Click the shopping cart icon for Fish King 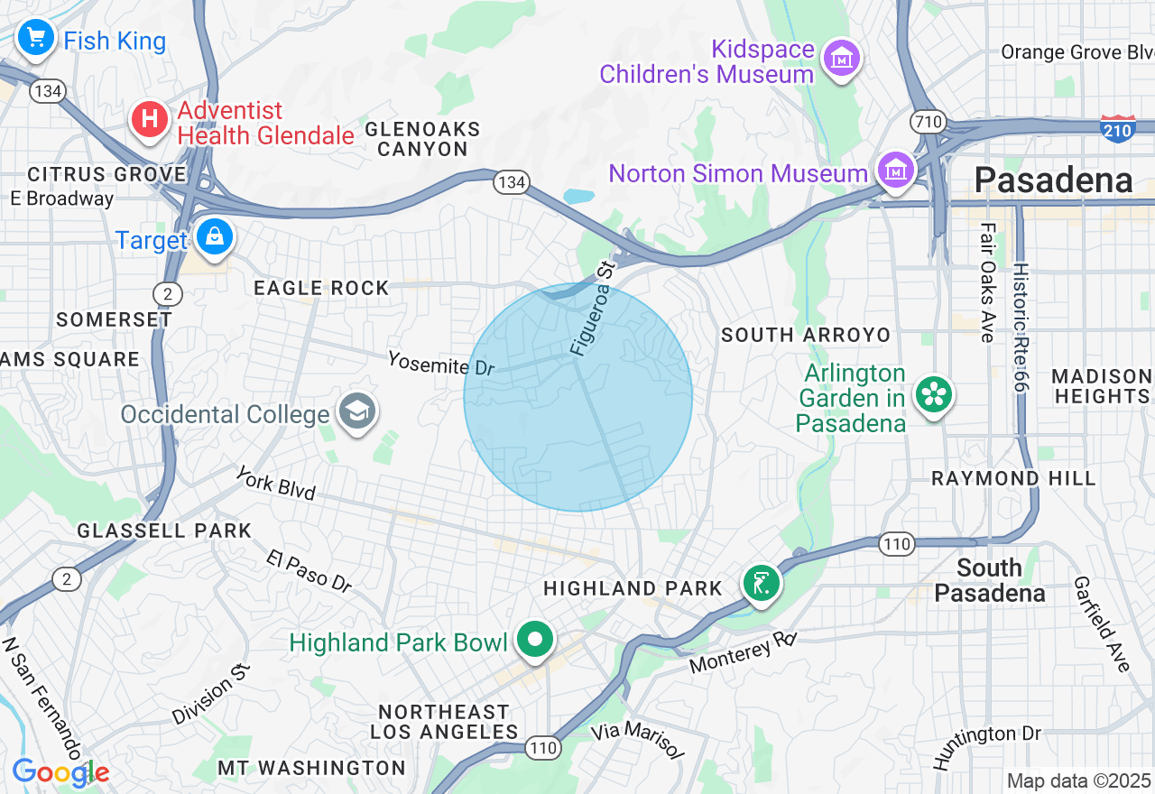(36, 38)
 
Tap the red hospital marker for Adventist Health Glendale (150, 119)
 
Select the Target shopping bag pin (214, 237)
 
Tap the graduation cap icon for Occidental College (357, 411)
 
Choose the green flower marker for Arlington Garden (934, 394)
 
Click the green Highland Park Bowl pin (536, 640)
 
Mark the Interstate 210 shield (1118, 129)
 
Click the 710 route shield (929, 121)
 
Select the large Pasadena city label (1053, 180)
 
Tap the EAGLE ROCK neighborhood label (321, 288)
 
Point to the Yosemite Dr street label (441, 363)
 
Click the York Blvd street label (276, 483)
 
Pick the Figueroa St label (592, 307)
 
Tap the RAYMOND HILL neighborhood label (1013, 478)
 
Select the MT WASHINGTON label (311, 768)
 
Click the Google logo (60, 773)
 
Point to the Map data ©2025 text (1078, 780)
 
